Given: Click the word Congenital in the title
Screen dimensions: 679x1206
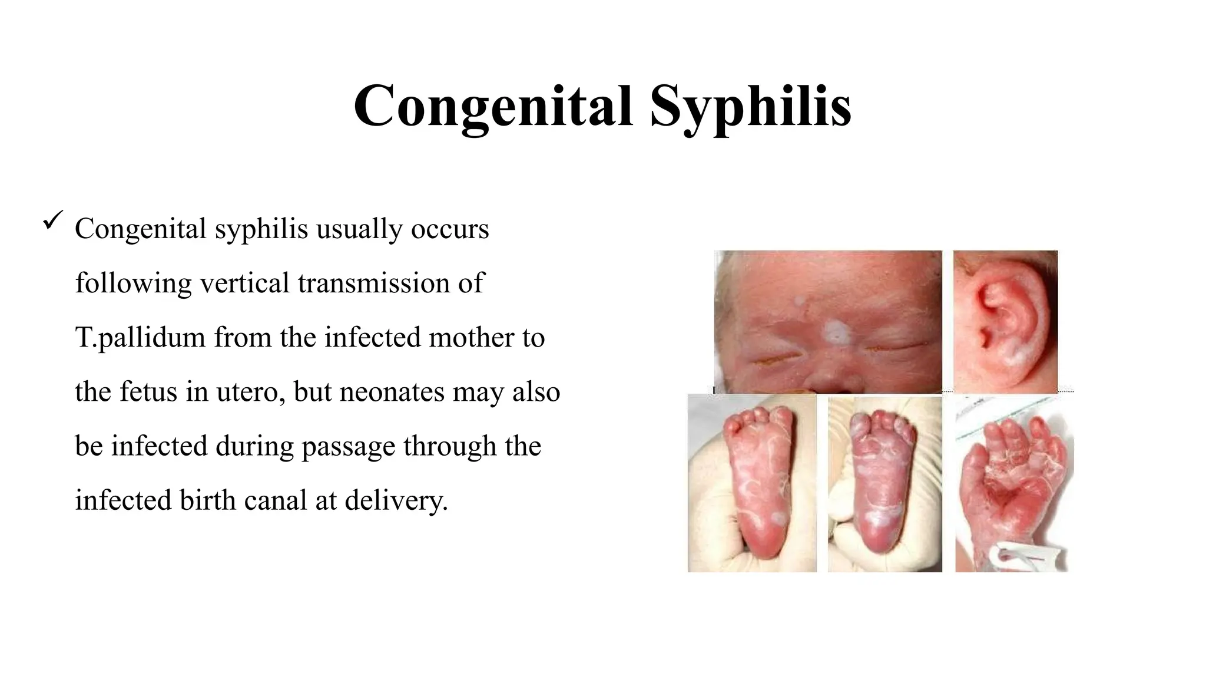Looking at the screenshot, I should coord(493,106).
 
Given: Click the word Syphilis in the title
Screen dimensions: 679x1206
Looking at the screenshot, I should coord(750,106).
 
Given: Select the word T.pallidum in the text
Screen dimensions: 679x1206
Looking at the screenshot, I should coord(140,338).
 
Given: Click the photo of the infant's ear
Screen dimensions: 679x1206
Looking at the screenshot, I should coord(1005,321).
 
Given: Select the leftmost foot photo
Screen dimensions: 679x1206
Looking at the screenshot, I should coord(752,483).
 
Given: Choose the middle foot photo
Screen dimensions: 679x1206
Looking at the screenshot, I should coord(884,483).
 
